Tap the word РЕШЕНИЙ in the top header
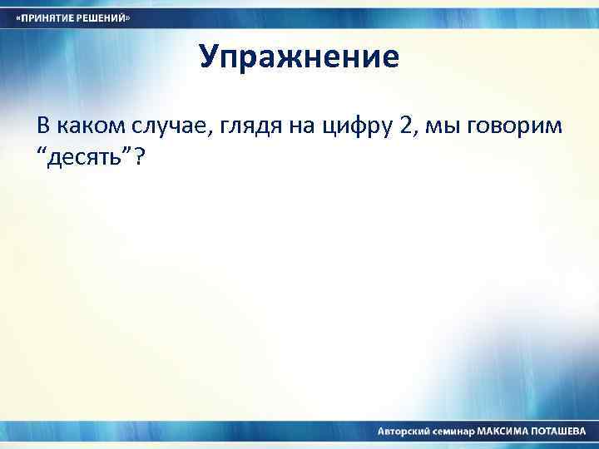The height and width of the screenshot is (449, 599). (103, 18)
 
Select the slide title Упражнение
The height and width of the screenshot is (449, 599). (299, 57)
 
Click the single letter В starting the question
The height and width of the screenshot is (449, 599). (43, 126)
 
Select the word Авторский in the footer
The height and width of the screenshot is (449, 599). (404, 432)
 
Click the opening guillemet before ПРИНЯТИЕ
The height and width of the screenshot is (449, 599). (19, 18)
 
